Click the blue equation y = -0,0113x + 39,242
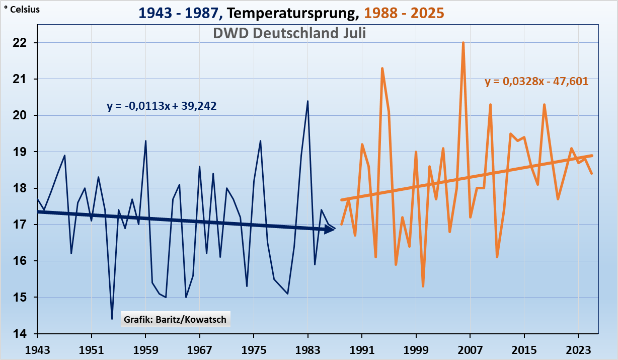162,106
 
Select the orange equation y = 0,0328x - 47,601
536,81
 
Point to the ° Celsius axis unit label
22,9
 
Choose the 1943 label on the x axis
37,348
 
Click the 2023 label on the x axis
578,348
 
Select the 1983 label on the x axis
307,348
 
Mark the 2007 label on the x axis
470,348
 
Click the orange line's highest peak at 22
463,43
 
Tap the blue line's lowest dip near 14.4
112,319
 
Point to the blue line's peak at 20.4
307,101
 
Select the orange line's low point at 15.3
423,286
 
